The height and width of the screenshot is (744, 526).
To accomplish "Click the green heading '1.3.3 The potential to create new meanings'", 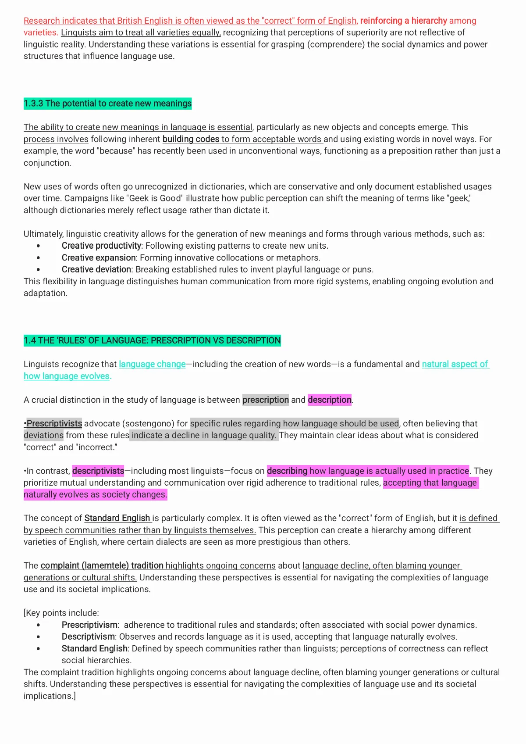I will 107,104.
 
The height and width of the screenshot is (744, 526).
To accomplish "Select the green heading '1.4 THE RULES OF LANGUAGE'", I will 152,340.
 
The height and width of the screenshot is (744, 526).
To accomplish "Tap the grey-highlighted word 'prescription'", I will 266,400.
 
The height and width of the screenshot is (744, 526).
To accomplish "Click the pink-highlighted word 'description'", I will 330,400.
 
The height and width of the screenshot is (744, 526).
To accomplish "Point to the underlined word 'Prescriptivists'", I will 54,423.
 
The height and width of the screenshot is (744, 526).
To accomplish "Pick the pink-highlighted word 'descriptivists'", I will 98,471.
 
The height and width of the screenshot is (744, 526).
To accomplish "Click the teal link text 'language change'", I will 152,364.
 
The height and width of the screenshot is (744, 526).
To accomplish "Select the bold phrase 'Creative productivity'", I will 101,246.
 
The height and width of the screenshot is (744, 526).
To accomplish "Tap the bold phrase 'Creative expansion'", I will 99,258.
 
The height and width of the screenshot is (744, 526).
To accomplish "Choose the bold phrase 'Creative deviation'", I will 96,269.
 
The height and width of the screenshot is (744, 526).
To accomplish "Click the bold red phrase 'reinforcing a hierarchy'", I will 403,21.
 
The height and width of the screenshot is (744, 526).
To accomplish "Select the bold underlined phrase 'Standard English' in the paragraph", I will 117,518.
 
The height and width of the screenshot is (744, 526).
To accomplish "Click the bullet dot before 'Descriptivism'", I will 39,637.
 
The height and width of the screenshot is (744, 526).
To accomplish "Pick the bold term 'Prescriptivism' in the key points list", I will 89,625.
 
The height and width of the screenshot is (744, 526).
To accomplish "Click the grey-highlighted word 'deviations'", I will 43,435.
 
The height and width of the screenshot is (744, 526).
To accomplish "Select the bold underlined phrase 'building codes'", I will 191,139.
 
